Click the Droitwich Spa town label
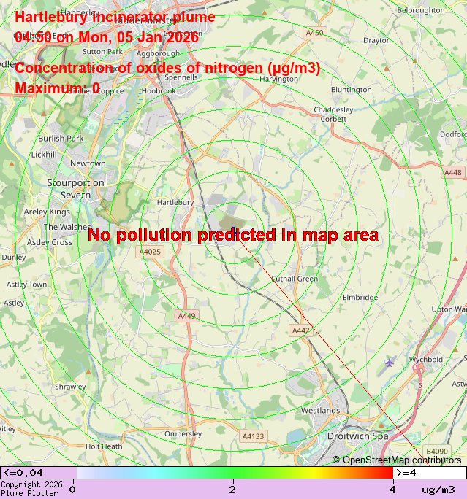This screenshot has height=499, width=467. (355, 436)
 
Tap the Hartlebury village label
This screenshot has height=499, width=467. (175, 202)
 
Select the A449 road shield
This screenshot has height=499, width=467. (186, 316)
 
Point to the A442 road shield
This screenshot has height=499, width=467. (301, 330)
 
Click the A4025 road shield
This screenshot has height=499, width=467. (149, 252)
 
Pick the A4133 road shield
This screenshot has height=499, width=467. (252, 436)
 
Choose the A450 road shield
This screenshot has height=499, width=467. (314, 33)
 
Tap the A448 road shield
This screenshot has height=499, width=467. (453, 172)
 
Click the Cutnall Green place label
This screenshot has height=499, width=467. (295, 279)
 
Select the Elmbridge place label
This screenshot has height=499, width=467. (360, 298)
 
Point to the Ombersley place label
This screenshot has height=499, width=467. (183, 433)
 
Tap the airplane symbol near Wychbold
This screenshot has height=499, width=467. (390, 362)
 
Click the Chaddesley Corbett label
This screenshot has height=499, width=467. (333, 114)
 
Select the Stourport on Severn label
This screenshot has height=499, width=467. (69, 188)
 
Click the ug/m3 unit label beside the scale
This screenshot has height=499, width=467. (438, 489)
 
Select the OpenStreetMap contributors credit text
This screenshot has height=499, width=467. (397, 460)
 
